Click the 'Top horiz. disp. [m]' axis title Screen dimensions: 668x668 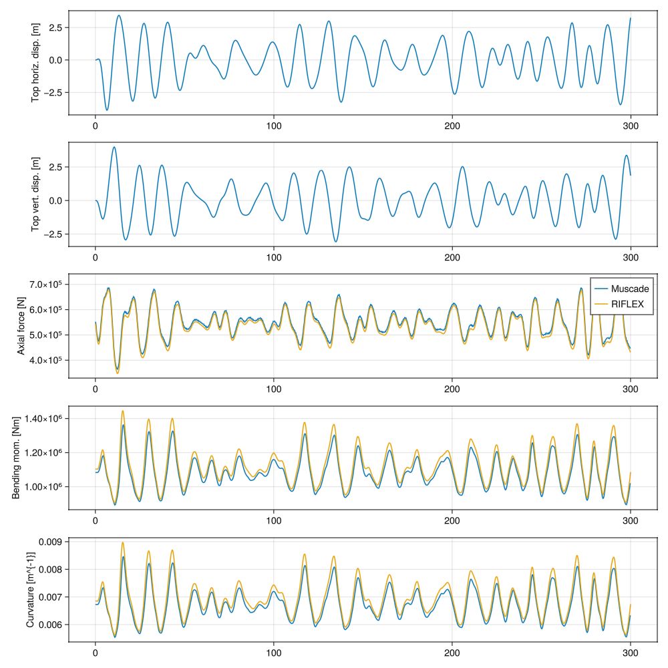[35, 63]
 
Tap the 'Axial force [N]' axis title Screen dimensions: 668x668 [21, 326]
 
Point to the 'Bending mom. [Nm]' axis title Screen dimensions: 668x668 [15, 458]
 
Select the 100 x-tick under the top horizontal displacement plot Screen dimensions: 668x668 [274, 125]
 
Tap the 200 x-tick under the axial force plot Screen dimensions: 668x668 [452, 388]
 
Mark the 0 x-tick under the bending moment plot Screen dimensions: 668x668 [96, 520]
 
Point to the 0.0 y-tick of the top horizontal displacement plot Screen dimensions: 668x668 [57, 60]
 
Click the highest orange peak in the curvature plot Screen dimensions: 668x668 [123, 542]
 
